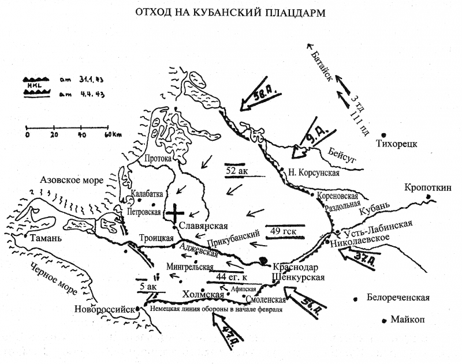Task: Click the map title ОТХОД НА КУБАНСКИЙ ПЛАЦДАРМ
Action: pyautogui.click(x=231, y=12)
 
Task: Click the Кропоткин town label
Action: pyautogui.click(x=428, y=187)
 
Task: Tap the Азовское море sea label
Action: pyautogui.click(x=71, y=180)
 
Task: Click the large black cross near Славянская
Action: pyautogui.click(x=176, y=214)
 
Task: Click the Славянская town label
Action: pyautogui.click(x=203, y=226)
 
